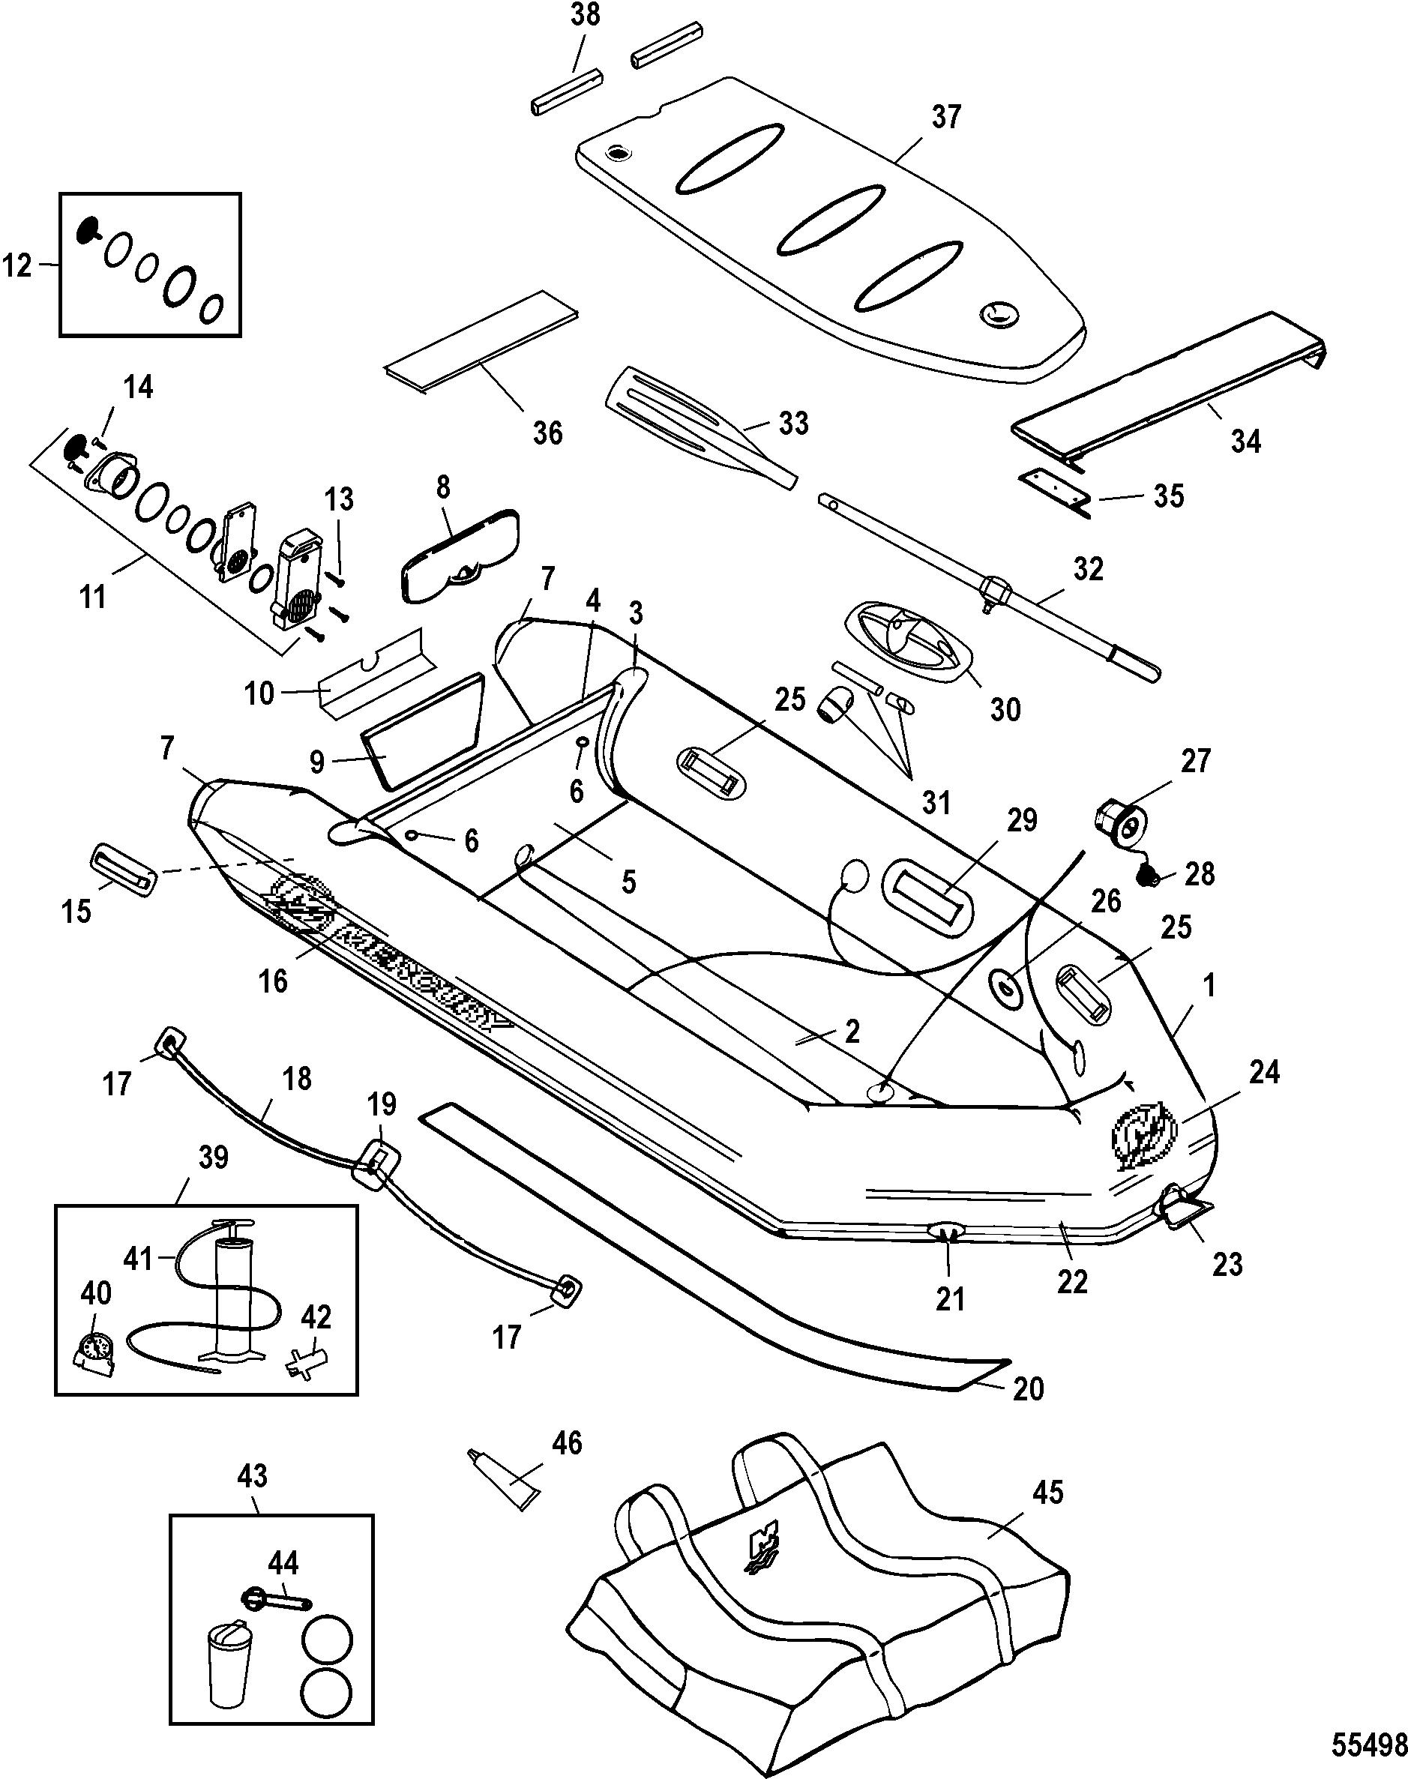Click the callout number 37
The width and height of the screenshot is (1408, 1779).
946,117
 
